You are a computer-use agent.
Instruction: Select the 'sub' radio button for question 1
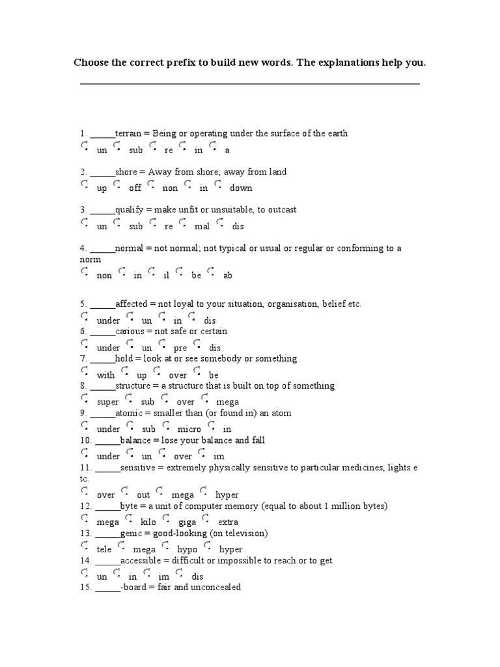pyautogui.click(x=118, y=147)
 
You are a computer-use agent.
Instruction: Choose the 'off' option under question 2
pyautogui.click(x=118, y=185)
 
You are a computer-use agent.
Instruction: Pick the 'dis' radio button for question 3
pyautogui.click(x=220, y=223)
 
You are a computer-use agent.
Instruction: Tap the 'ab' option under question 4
pyautogui.click(x=211, y=272)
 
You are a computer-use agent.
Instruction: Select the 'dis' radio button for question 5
pyautogui.click(x=192, y=317)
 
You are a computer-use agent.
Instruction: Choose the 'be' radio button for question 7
pyautogui.click(x=197, y=372)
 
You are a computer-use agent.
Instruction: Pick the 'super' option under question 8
pyautogui.click(x=85, y=399)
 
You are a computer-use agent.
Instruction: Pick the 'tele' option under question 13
pyautogui.click(x=85, y=546)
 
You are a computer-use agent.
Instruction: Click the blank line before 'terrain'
pyautogui.click(x=102, y=134)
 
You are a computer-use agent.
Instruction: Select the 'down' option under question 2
pyautogui.click(x=218, y=185)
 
